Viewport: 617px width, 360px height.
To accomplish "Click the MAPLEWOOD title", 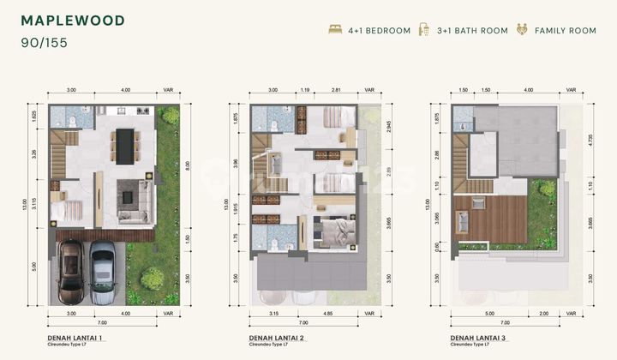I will (x=72, y=21).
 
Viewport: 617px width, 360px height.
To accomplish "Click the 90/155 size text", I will (x=45, y=41).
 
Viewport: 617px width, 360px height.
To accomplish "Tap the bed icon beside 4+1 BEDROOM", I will (x=335, y=30).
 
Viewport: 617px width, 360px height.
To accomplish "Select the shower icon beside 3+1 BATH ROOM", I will (x=423, y=30).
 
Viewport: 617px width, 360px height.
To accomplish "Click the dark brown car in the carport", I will (x=70, y=272).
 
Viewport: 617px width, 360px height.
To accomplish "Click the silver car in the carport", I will (x=103, y=272).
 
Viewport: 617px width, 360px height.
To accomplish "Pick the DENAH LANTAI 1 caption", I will (x=78, y=339).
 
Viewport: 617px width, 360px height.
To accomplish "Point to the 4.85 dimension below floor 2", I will (x=328, y=314).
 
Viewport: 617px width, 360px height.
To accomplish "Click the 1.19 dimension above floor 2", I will (x=305, y=89).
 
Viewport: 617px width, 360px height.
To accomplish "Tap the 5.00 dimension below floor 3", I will (x=488, y=314).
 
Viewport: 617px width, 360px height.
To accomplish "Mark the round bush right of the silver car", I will (x=153, y=278).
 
